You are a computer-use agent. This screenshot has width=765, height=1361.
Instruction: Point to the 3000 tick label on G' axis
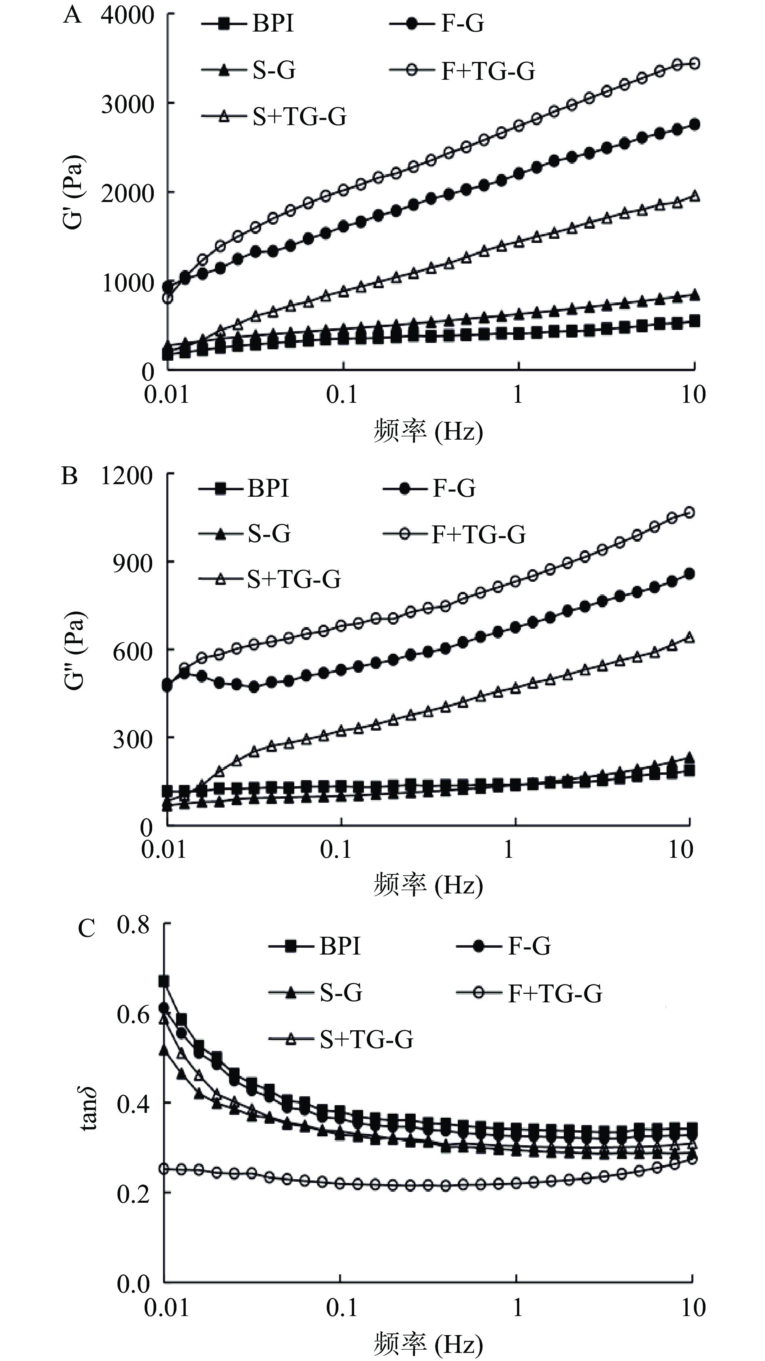(127, 104)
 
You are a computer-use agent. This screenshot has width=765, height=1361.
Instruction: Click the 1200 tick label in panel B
(126, 476)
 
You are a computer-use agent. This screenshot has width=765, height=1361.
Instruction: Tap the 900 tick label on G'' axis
(133, 563)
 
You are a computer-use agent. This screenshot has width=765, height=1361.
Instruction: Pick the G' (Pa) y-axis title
(73, 192)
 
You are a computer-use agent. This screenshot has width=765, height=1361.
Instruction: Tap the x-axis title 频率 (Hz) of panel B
(428, 885)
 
